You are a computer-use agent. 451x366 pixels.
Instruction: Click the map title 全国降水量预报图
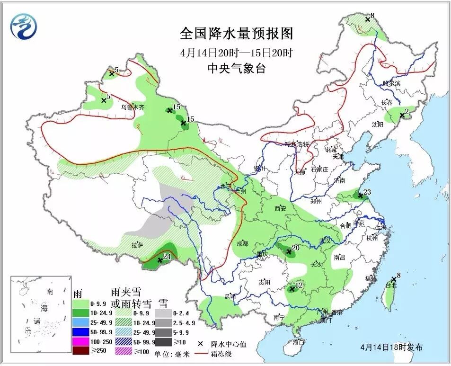coord(237,34)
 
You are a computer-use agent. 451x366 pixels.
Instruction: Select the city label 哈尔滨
coord(391,83)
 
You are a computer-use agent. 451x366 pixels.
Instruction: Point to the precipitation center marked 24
coord(160,260)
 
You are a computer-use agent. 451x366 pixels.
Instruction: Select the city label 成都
coord(242,243)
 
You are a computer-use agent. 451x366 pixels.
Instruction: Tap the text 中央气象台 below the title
coord(237,68)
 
